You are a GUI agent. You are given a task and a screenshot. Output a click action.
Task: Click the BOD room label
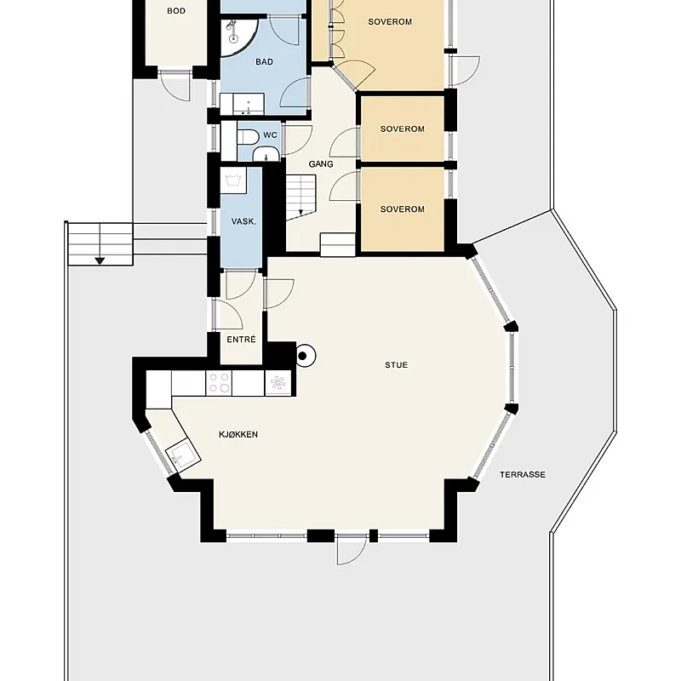(x=176, y=11)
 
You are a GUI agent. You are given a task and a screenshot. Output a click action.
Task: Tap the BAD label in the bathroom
(x=265, y=62)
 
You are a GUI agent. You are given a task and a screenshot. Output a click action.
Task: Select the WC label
(x=270, y=135)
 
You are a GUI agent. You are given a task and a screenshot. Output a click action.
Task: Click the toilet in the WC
(x=248, y=137)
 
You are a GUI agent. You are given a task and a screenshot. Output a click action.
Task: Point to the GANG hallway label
(x=321, y=164)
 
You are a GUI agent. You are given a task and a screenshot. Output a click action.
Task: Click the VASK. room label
(x=243, y=221)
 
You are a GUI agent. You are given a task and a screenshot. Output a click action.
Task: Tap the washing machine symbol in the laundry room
(x=233, y=180)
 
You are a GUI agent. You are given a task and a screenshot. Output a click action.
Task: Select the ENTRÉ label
(x=242, y=340)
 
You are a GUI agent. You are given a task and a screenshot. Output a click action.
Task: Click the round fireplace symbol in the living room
(x=305, y=356)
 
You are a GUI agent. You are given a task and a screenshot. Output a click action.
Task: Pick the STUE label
(x=397, y=365)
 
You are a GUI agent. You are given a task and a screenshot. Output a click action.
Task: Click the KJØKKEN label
(x=238, y=434)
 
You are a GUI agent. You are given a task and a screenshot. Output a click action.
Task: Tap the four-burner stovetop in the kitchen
(x=219, y=383)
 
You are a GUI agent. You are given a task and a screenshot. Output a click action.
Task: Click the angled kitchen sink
(x=184, y=455)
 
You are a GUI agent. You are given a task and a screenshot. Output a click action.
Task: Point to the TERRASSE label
(x=523, y=475)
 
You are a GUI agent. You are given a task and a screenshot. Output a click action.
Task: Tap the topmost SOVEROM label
(x=390, y=22)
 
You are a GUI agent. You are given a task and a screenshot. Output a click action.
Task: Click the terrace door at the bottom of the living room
(x=352, y=550)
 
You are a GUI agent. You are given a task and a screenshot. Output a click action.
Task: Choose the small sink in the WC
(x=266, y=154)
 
